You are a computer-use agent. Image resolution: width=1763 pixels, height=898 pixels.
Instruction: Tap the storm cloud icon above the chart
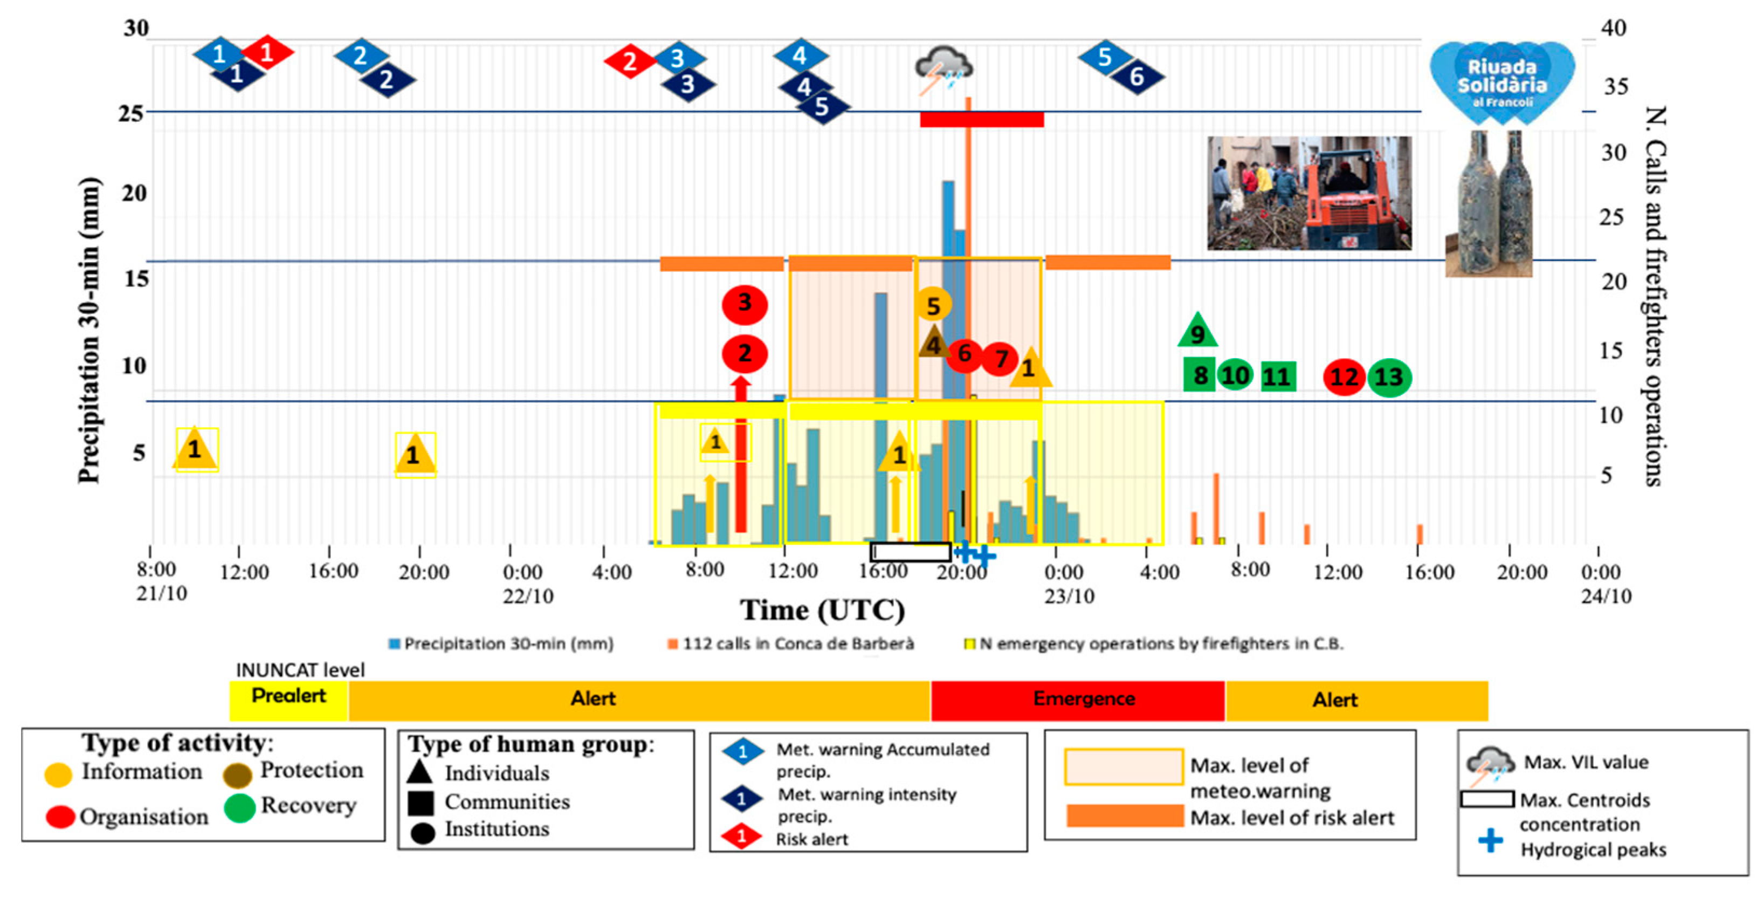coord(943,69)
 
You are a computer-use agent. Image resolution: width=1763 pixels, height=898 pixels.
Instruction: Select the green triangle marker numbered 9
coord(1197,332)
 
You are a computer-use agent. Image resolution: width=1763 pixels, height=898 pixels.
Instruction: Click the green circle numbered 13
coord(1389,377)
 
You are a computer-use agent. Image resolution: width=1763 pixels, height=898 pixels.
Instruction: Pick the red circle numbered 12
coord(1344,377)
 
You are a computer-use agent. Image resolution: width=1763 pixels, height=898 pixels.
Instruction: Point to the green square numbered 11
coord(1277,376)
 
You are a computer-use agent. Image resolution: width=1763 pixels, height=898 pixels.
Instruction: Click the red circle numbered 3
coord(745,304)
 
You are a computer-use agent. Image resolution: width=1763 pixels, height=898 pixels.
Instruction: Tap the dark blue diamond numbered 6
coord(1137,77)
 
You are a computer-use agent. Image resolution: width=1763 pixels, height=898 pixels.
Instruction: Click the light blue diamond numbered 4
coord(800,56)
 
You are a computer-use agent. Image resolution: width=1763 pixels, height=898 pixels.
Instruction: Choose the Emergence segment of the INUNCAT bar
coord(1077,700)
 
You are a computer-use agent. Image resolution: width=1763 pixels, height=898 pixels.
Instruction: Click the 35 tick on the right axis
coord(1616,87)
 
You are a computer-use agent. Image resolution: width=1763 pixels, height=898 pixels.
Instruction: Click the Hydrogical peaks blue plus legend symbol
coord(1491,840)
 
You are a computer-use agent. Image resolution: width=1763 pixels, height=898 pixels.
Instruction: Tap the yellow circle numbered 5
coord(933,305)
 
